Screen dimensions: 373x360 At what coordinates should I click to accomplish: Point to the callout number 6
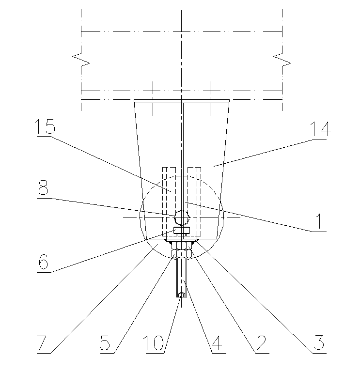click(x=44, y=262)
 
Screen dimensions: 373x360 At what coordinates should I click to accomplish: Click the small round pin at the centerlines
click(x=182, y=218)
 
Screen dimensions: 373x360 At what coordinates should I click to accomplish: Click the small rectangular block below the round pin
click(x=181, y=230)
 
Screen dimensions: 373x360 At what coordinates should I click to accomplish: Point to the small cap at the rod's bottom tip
click(x=181, y=295)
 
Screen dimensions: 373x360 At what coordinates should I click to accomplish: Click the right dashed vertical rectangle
click(x=195, y=199)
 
